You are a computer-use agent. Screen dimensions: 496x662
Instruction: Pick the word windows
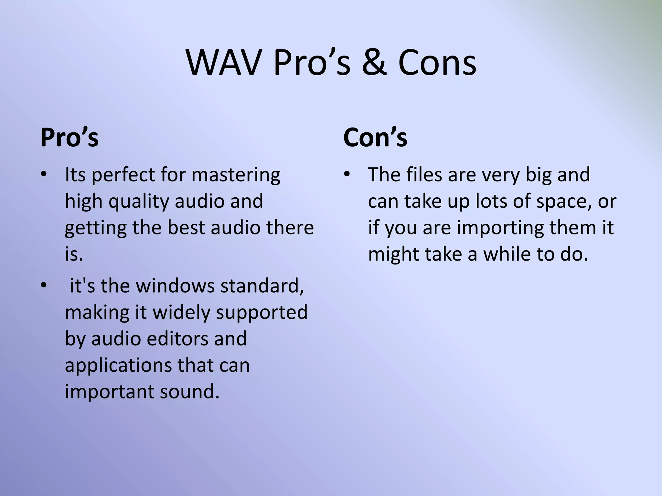click(x=175, y=286)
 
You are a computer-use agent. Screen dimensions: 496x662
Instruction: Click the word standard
click(x=262, y=286)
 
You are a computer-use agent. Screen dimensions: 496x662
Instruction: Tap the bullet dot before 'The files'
click(x=347, y=175)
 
